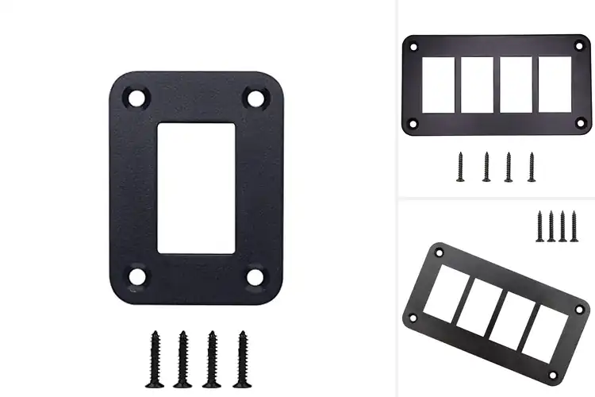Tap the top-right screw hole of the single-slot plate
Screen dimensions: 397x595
pos(255,98)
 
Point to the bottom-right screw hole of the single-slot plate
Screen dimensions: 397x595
pos(255,276)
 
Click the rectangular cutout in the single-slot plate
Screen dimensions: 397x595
pos(196,187)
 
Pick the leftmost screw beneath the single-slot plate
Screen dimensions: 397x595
pos(155,349)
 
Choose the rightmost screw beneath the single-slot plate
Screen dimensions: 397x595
pos(240,349)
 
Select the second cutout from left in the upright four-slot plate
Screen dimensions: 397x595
pos(478,85)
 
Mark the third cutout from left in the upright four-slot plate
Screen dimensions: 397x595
pos(516,85)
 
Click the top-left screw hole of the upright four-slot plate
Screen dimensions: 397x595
pos(413,47)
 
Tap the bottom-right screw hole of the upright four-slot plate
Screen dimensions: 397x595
pos(579,123)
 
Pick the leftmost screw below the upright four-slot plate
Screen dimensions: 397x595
pos(459,166)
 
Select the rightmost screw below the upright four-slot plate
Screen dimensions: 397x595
pos(532,166)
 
